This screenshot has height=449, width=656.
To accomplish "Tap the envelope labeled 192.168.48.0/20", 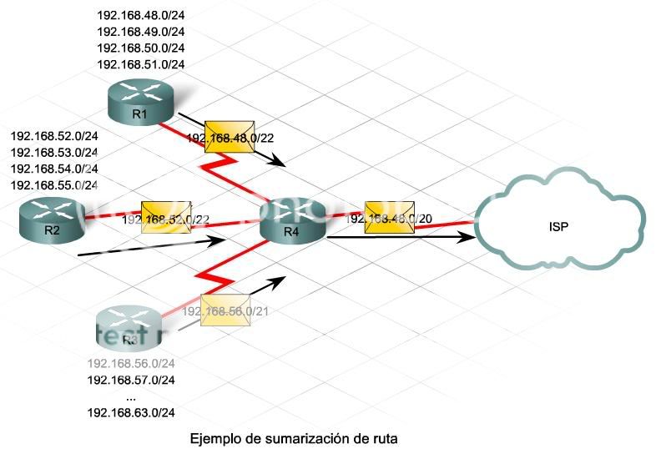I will click(x=389, y=217).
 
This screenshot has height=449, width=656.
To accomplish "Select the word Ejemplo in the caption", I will click(x=215, y=437).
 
